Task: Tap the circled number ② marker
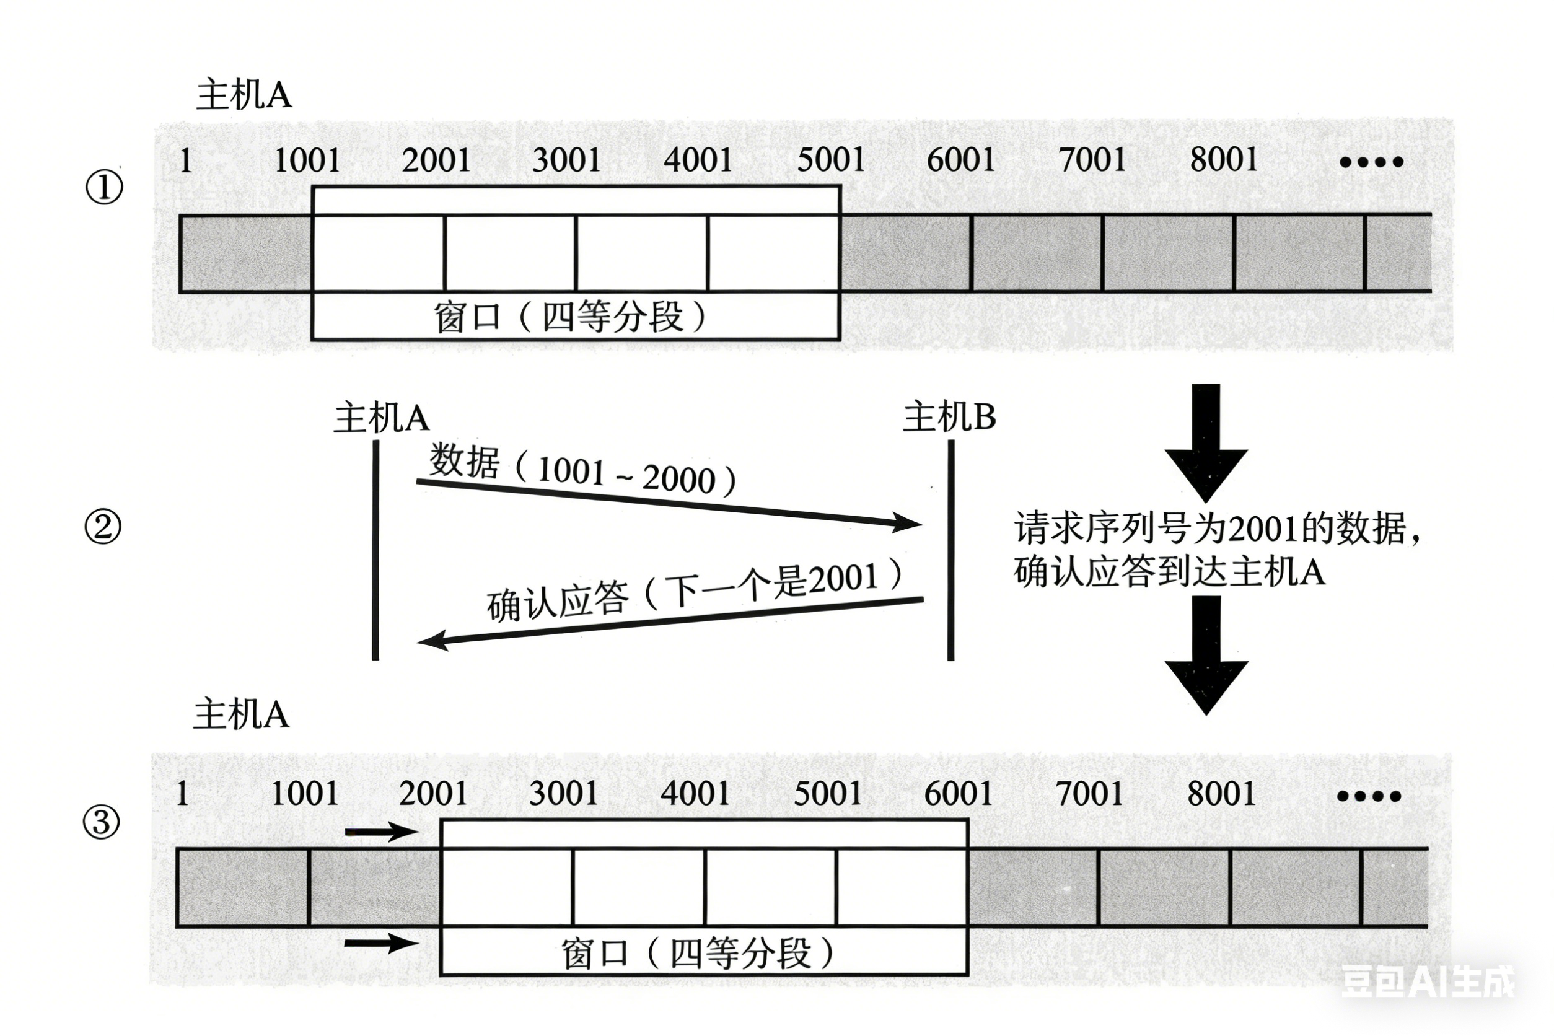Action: tap(103, 527)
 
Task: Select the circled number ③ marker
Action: tap(102, 823)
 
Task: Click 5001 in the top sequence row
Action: tap(830, 160)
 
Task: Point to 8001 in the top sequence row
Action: tap(1224, 159)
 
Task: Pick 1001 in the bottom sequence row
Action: tap(305, 794)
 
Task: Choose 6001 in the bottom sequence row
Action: tap(958, 794)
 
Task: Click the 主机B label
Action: tap(949, 418)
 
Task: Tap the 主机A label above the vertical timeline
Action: tap(381, 418)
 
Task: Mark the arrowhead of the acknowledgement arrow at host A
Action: tap(431, 640)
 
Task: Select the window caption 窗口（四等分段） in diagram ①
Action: tap(570, 317)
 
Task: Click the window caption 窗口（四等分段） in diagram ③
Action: tap(698, 954)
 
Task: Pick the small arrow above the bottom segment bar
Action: tap(381, 831)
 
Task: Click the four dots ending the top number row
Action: tap(1371, 161)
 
